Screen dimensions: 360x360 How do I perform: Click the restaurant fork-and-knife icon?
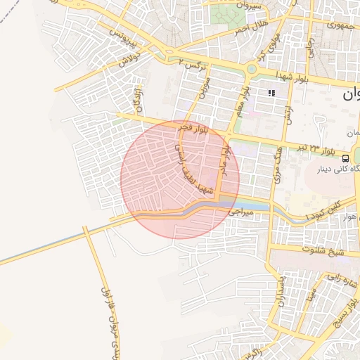271,93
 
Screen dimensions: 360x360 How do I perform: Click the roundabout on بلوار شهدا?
252,70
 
